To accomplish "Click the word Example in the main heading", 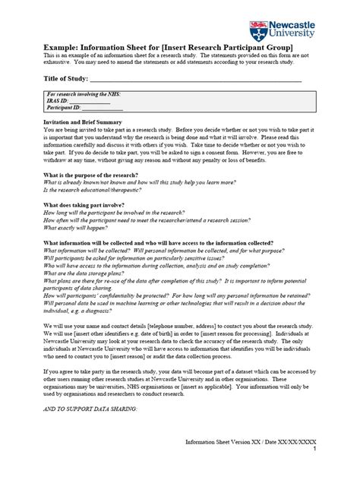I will [62, 48].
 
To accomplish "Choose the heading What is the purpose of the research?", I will [90, 175].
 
